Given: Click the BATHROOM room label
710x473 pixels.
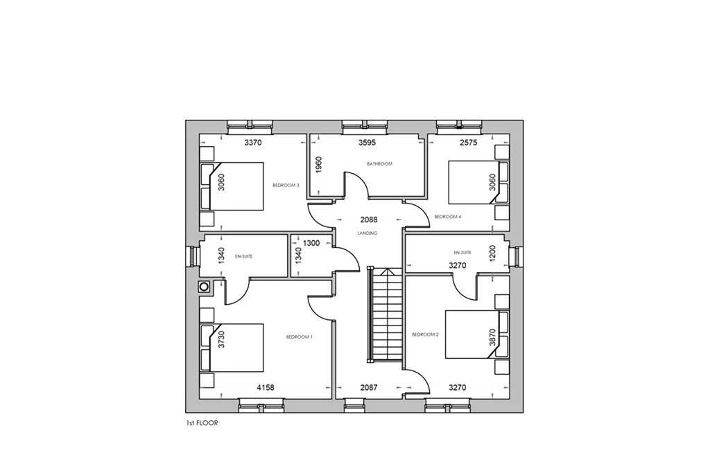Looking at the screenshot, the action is pyautogui.click(x=379, y=163).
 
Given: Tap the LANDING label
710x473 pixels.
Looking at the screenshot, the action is pyautogui.click(x=367, y=233).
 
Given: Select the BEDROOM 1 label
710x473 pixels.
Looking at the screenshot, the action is pyautogui.click(x=300, y=337).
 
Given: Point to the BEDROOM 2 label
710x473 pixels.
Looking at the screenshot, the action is pyautogui.click(x=425, y=334).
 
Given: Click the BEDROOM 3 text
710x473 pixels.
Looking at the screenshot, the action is pyautogui.click(x=286, y=185).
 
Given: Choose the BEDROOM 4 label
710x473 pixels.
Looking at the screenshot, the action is pyautogui.click(x=447, y=217).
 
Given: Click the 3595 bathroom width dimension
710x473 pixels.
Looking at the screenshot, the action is pyautogui.click(x=367, y=143).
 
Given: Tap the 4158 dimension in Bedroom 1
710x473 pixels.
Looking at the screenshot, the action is pyautogui.click(x=266, y=388).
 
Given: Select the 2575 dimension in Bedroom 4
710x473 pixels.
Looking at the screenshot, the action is pyautogui.click(x=469, y=143).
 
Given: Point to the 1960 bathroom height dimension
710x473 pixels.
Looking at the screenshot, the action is pyautogui.click(x=318, y=166).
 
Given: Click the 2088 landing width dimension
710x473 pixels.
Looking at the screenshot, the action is pyautogui.click(x=369, y=220).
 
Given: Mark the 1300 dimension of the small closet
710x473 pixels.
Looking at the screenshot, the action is pyautogui.click(x=311, y=243).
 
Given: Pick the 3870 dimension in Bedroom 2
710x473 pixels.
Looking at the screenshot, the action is pyautogui.click(x=493, y=337).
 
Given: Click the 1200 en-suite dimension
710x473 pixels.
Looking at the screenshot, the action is pyautogui.click(x=493, y=254).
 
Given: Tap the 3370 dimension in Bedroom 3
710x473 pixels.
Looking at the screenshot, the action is pyautogui.click(x=253, y=143).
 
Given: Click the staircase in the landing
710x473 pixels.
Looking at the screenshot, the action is pyautogui.click(x=384, y=314).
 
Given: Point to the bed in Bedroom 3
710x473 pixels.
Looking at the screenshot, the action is pyautogui.click(x=232, y=186).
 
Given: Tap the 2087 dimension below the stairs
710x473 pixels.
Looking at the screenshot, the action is pyautogui.click(x=369, y=388).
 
